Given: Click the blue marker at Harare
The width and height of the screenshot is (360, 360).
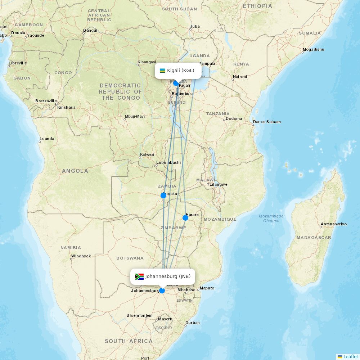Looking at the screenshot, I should (x=185, y=217).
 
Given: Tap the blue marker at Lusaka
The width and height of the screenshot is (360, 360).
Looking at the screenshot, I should (x=163, y=195).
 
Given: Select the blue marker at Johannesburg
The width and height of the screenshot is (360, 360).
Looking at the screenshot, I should (x=162, y=291).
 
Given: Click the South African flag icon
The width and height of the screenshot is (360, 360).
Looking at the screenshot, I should (x=139, y=276).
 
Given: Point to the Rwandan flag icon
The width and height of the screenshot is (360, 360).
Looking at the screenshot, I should (x=162, y=71).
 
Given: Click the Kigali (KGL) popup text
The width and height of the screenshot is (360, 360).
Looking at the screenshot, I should (x=181, y=71).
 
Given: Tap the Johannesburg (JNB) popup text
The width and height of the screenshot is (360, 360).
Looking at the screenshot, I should (x=168, y=276).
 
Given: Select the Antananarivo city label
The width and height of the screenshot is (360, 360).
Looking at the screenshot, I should (x=333, y=224).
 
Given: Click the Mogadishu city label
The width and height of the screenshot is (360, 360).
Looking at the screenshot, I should (x=313, y=49).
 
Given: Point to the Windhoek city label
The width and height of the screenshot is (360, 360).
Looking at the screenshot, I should (x=81, y=256).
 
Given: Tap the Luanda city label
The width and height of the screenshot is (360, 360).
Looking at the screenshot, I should (x=47, y=139).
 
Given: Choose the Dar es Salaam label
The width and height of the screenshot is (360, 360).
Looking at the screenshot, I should (x=267, y=122).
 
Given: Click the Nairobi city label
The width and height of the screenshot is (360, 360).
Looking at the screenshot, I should (x=240, y=77).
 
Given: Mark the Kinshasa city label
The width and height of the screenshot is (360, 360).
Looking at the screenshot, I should (x=66, y=107).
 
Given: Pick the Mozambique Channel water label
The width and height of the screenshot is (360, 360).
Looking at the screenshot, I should (x=271, y=218).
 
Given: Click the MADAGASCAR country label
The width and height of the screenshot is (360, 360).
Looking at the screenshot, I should (x=314, y=238).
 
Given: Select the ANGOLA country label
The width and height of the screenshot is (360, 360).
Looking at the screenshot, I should (x=75, y=171).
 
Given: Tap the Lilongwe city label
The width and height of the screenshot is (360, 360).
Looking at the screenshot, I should (x=219, y=184).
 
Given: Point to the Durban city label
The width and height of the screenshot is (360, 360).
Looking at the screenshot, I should (x=193, y=323).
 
